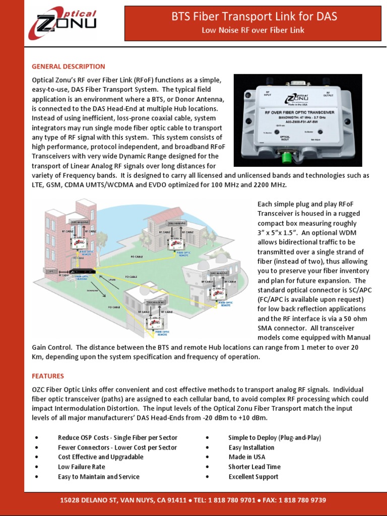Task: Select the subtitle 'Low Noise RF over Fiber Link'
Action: click(x=253, y=30)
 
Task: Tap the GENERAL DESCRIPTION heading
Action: click(x=69, y=67)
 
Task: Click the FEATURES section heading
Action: click(x=48, y=376)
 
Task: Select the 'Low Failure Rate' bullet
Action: click(x=81, y=467)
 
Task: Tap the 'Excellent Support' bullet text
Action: click(x=253, y=477)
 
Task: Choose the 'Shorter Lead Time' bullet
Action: click(x=254, y=467)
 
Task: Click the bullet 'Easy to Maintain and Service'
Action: click(x=98, y=477)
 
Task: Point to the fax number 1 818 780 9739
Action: click(x=304, y=500)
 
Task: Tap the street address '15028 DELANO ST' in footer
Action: click(x=88, y=500)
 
